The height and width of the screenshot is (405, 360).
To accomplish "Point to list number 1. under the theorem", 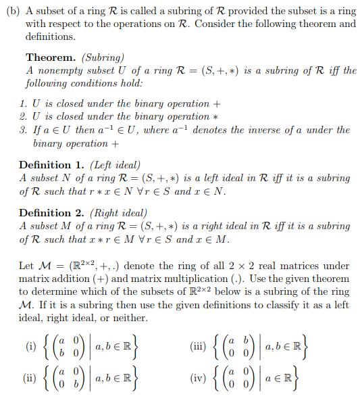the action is click(24, 103).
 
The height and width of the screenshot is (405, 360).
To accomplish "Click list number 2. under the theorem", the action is click(24, 116).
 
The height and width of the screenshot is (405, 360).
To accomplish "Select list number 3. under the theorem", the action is click(24, 130).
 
